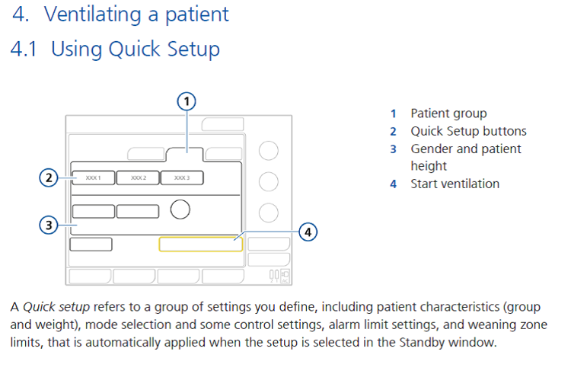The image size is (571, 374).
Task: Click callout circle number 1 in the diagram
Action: click(187, 100)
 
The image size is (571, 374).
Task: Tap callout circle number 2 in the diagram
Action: click(48, 178)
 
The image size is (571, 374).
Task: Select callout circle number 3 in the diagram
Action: click(48, 225)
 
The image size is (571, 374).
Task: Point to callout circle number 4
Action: click(307, 231)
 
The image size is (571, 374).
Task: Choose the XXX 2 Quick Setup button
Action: click(139, 178)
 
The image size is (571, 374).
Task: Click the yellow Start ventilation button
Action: click(200, 244)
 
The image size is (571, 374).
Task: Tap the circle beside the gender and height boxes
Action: click(180, 209)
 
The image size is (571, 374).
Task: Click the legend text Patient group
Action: click(448, 113)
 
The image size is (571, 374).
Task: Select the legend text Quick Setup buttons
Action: click(468, 131)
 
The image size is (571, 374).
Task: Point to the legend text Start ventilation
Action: click(455, 184)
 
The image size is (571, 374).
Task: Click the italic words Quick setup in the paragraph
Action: click(56, 307)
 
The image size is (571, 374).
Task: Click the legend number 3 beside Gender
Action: click(394, 149)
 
